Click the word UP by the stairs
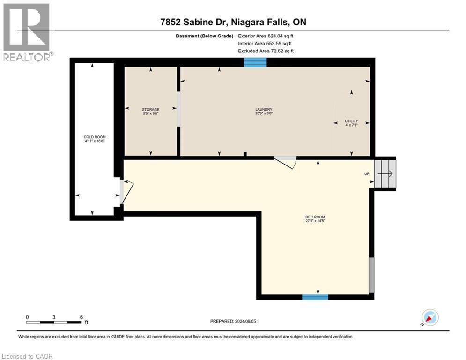click(367, 173)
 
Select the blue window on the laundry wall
click(255, 62)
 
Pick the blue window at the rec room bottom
click(315, 296)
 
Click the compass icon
click(429, 318)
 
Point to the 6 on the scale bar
click(81, 317)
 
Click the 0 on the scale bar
click(28, 317)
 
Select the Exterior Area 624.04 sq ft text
click(266, 36)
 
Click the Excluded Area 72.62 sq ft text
click(266, 51)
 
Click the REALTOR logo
click(27, 32)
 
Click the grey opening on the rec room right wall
click(372, 275)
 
